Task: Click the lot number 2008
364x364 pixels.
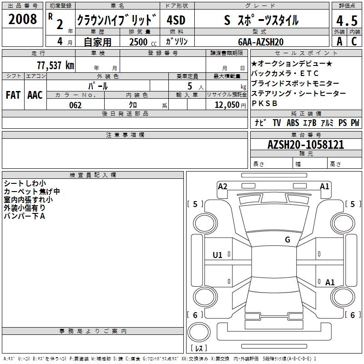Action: click(x=22, y=19)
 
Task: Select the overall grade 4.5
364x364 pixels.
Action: click(x=347, y=20)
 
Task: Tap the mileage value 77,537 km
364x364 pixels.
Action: click(x=56, y=65)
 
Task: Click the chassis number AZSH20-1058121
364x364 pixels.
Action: click(x=306, y=145)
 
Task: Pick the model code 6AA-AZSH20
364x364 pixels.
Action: click(x=261, y=42)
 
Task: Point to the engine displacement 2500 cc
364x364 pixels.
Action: click(x=143, y=42)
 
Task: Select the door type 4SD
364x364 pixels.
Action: click(x=176, y=20)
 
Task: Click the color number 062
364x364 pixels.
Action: click(x=76, y=105)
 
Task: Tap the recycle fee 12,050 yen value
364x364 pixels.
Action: click(x=230, y=105)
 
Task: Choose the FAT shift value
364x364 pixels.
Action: click(x=13, y=95)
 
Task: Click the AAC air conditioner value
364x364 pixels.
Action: click(x=35, y=95)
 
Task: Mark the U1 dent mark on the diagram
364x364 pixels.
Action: click(x=217, y=255)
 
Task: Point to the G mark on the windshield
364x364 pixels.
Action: click(x=288, y=239)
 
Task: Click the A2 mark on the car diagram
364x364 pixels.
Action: click(x=222, y=187)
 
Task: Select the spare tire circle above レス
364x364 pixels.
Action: click(x=199, y=332)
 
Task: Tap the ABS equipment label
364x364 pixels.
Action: click(x=293, y=122)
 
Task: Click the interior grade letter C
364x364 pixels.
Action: click(x=354, y=41)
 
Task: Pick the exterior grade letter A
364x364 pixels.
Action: click(x=339, y=41)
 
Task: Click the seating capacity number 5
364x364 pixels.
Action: click(x=190, y=86)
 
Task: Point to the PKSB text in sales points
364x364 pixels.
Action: click(x=264, y=103)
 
